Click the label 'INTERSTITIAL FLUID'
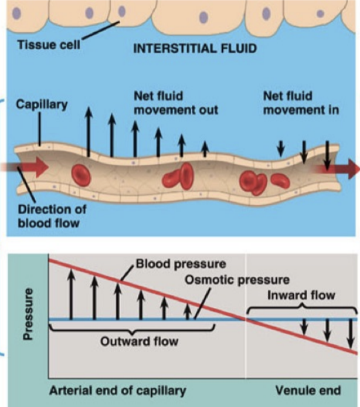[195, 49]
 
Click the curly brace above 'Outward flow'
[128, 331]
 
